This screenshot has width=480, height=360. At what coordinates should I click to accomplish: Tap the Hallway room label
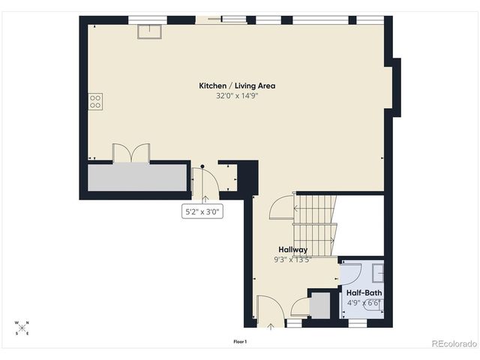(292, 250)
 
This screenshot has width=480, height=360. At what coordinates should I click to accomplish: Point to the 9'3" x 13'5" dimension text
(292, 259)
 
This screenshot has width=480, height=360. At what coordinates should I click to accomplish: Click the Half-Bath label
(364, 292)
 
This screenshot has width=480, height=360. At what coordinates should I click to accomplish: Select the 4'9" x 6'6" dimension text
(364, 303)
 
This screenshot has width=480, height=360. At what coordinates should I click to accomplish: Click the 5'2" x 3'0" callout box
(203, 212)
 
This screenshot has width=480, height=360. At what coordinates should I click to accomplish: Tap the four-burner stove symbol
(95, 101)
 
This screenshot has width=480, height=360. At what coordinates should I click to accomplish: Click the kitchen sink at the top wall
(147, 31)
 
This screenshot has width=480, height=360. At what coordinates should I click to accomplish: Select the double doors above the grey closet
(131, 153)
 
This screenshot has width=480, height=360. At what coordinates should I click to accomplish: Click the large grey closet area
(137, 178)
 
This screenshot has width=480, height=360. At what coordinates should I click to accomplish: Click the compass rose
(21, 327)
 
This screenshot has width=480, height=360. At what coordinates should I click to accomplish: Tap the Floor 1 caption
(240, 341)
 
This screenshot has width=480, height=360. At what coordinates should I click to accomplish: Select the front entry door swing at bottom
(268, 309)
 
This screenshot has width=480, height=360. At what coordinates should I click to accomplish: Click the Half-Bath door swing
(350, 271)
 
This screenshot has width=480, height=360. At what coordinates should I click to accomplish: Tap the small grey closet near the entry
(319, 306)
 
